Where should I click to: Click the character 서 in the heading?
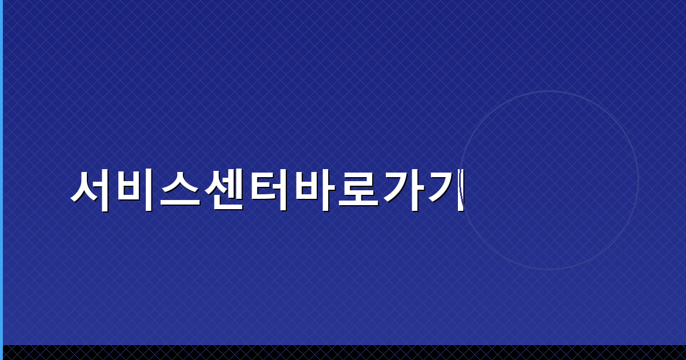click(91, 190)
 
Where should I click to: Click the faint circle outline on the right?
click(638, 181)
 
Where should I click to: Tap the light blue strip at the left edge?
click(1, 171)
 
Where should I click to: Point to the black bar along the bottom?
click(343, 353)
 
